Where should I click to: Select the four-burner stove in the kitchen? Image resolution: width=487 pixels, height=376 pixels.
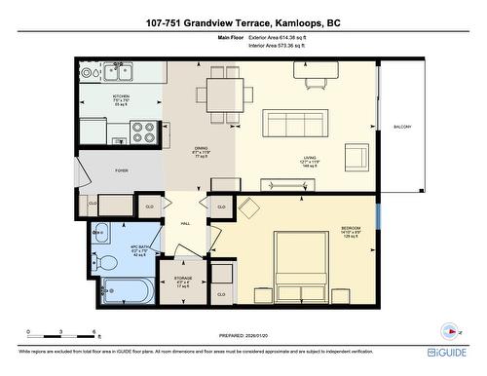(x=143, y=132)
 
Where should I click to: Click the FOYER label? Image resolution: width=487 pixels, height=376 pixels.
(x=122, y=170)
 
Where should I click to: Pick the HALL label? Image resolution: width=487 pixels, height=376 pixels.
(x=184, y=223)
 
